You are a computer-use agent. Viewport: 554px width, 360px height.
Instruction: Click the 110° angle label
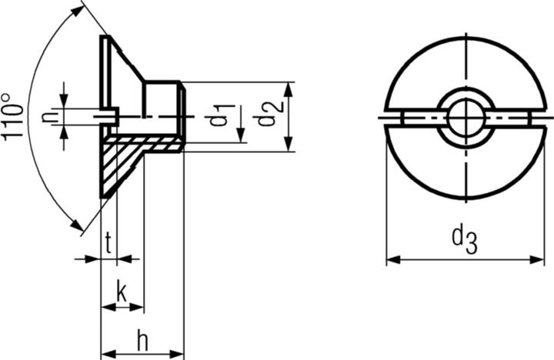click(14, 117)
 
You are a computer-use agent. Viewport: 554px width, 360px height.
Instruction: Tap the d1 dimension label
click(221, 114)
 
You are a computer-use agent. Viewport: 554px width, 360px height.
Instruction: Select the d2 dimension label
click(266, 114)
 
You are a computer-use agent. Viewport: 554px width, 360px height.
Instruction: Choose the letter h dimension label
click(142, 338)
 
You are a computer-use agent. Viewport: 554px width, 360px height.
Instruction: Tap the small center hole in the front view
click(464, 118)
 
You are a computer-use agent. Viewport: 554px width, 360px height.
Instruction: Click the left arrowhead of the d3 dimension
click(391, 260)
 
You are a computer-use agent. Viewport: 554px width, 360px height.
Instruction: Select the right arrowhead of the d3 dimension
click(539, 260)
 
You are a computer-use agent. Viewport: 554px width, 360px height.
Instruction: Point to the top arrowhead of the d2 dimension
click(288, 86)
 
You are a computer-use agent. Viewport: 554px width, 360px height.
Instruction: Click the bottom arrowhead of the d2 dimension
click(288, 146)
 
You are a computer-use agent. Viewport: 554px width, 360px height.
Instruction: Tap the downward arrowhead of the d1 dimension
click(241, 138)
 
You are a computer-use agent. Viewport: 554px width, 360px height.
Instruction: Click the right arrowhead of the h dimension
click(179, 354)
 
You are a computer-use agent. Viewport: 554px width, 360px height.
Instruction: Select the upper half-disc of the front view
click(465, 69)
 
